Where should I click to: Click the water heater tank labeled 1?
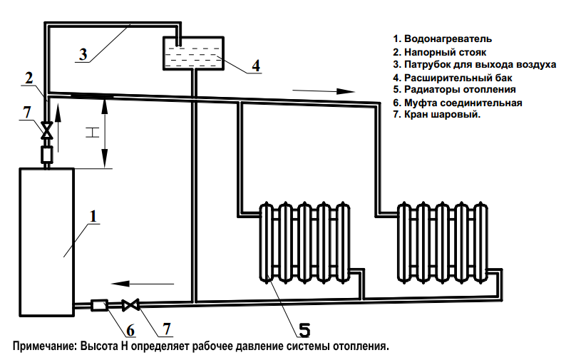[46, 242]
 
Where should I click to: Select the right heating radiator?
[444, 242]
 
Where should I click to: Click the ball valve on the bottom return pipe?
[130, 305]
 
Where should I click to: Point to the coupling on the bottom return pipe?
[99, 305]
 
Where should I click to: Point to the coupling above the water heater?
[47, 153]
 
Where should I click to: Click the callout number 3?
[83, 54]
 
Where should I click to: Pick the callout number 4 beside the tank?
[255, 65]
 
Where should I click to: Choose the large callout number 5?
[304, 329]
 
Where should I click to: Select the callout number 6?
[130, 329]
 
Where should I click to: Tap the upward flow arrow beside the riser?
[59, 128]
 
